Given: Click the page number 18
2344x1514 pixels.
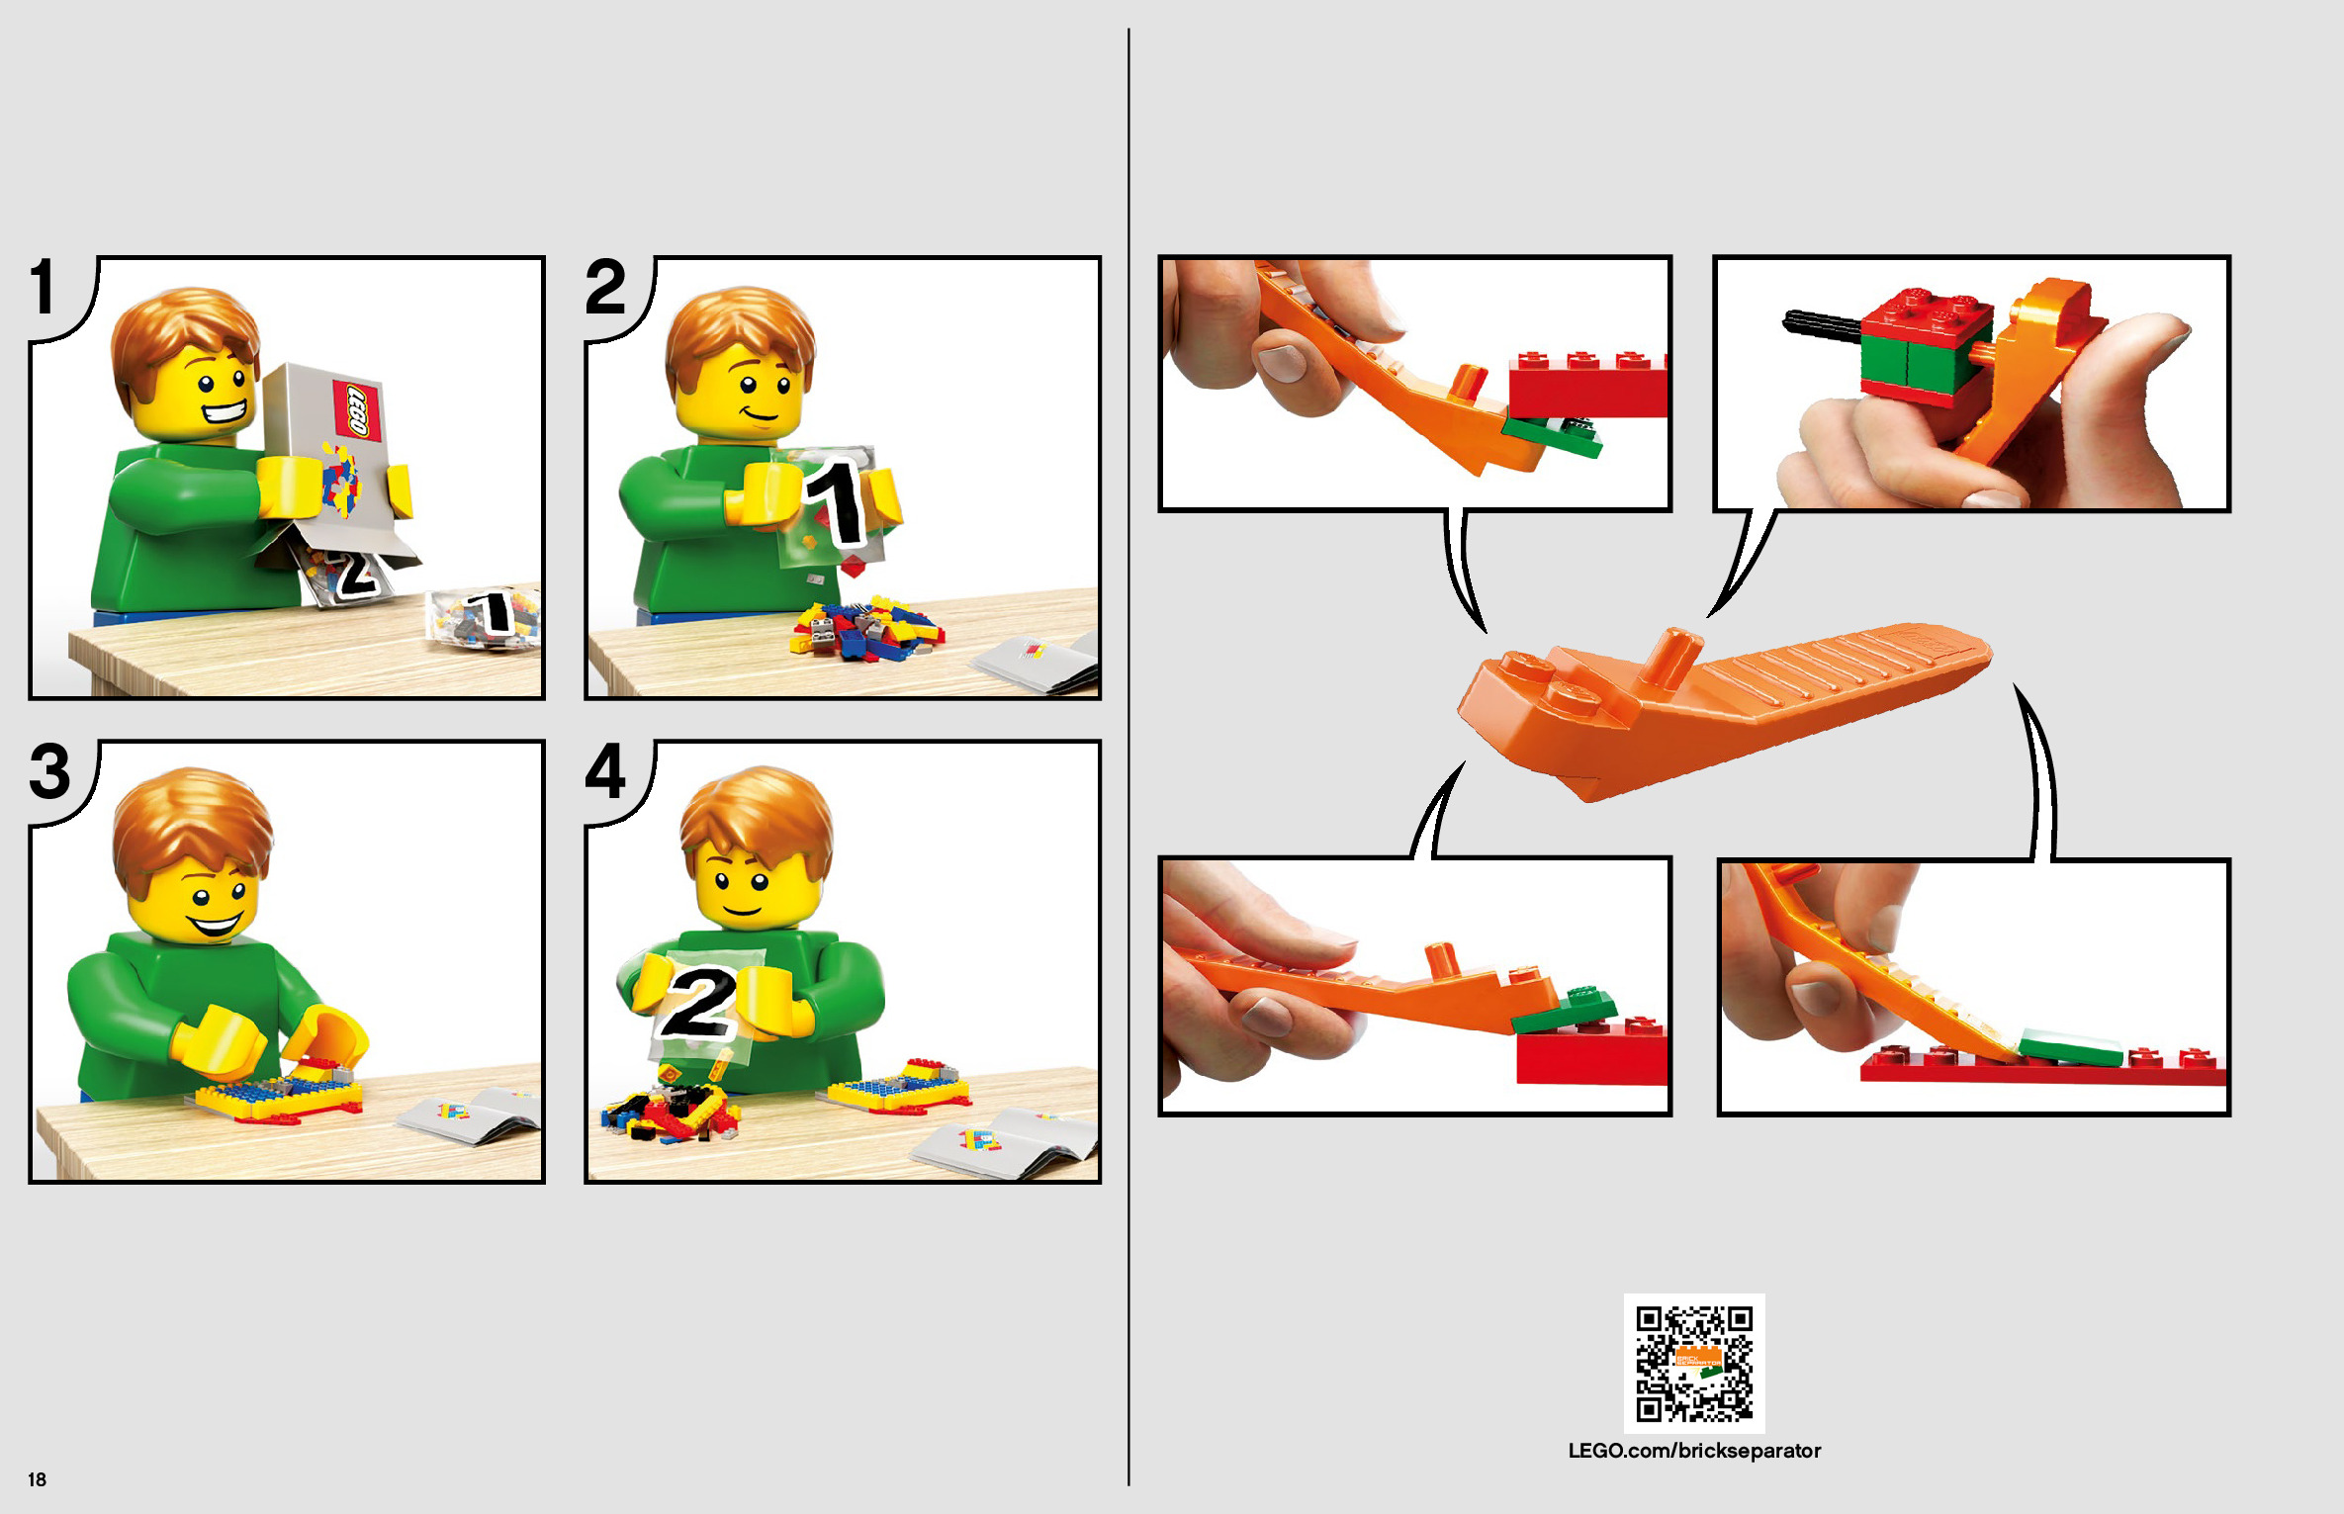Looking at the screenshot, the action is pos(37,1479).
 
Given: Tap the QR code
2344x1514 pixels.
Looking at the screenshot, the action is pos(1694,1364).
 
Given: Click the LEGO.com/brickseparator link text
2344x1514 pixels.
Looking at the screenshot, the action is pos(1694,1451).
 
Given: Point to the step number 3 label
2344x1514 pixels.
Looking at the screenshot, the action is pos(49,770).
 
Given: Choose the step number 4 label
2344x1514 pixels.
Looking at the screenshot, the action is pos(605,770).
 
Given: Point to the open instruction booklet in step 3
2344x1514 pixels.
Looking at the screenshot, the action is pos(469,1115).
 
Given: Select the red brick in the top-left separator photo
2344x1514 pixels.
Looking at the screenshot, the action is pos(1587,385).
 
